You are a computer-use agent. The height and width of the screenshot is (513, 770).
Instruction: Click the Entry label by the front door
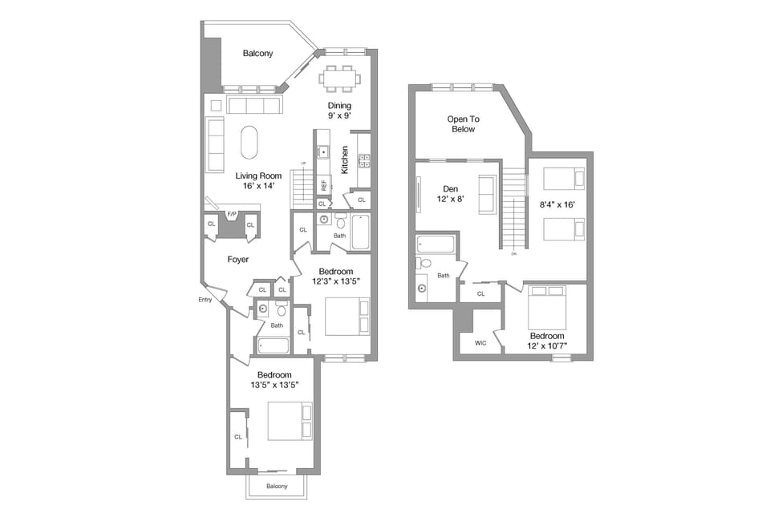tap(206, 300)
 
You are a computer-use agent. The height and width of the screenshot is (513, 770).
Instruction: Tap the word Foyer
tap(237, 260)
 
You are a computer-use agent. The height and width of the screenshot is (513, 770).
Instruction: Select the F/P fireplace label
tap(232, 214)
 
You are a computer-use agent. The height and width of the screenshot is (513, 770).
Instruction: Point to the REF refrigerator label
tap(324, 184)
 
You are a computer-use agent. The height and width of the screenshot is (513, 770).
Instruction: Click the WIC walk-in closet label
tap(480, 342)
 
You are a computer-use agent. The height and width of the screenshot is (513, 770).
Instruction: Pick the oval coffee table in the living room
tap(250, 143)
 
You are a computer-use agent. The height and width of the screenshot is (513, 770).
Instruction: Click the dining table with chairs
tap(340, 79)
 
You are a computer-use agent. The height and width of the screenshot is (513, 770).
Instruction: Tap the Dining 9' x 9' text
tap(339, 111)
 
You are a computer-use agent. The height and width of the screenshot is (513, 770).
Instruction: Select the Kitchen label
tap(344, 160)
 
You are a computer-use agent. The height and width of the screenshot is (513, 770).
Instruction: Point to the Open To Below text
tap(462, 124)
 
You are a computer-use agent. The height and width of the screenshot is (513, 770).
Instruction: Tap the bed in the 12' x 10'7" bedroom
tap(547, 306)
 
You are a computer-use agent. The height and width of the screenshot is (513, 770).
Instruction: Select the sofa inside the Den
tap(486, 195)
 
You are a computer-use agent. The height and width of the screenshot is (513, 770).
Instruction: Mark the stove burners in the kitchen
tap(363, 160)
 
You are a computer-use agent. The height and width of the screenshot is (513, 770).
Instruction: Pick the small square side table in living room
tap(215, 104)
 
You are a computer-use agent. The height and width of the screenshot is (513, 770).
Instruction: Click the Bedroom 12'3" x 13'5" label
tap(335, 277)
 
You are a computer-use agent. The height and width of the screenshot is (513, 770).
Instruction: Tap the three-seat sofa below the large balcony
tap(253, 106)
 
